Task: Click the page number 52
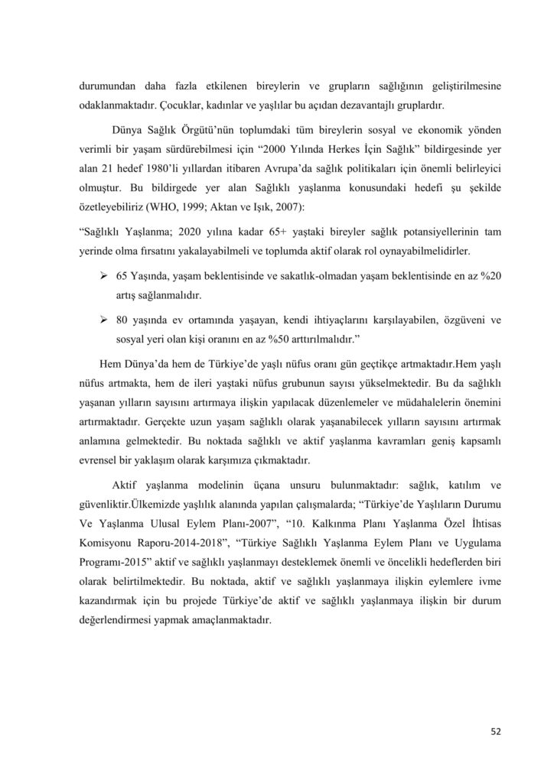click(x=495, y=731)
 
